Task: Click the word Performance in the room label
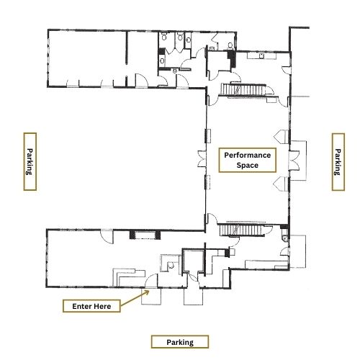tap(248, 156)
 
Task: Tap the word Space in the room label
tap(248, 166)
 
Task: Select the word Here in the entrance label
tap(102, 306)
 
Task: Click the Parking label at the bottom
tap(180, 342)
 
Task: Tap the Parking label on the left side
tap(30, 161)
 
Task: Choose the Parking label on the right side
tap(338, 162)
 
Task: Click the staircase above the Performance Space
tap(243, 90)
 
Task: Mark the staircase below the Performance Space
tap(242, 230)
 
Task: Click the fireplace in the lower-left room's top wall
tap(145, 235)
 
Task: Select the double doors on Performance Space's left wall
tap(202, 158)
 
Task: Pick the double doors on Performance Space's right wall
tap(294, 160)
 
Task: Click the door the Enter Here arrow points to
tap(151, 280)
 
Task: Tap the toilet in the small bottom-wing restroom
tap(171, 265)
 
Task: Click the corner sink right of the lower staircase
tap(286, 238)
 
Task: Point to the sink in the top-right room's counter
tap(261, 56)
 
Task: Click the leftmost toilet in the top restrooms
tap(164, 37)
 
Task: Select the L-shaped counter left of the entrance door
tap(129, 277)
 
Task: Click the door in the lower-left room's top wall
tap(107, 237)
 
